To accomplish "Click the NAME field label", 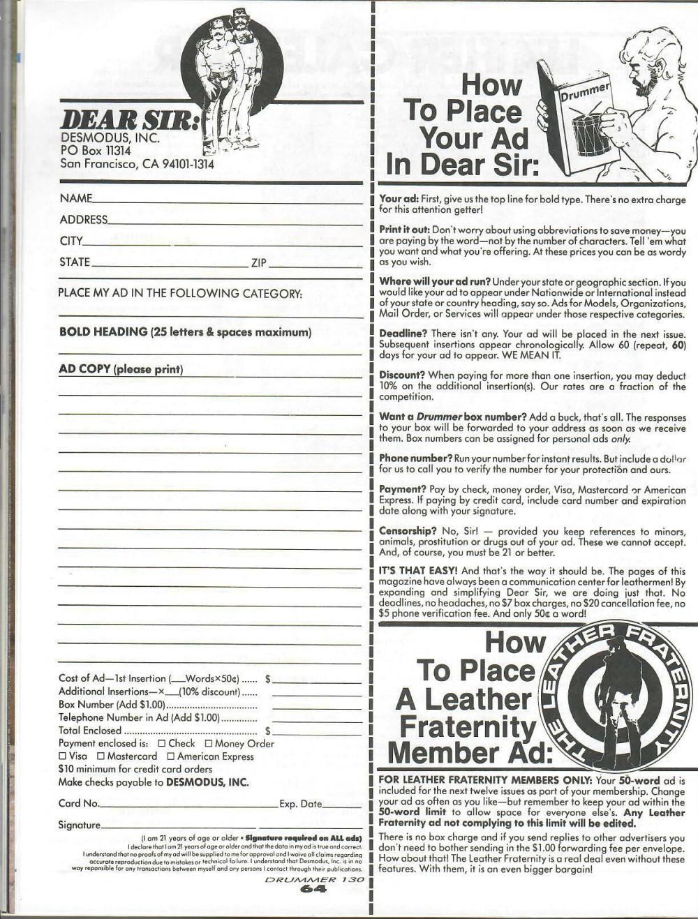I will (76, 198).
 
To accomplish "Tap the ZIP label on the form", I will (258, 262).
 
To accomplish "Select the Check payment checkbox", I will (162, 743).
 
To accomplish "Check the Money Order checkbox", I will (208, 743).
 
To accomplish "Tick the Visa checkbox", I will (63, 756).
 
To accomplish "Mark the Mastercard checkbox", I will (101, 756).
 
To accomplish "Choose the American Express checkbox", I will (171, 756).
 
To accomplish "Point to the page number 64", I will (314, 889).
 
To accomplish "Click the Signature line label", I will (79, 825).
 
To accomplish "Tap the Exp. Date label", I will (300, 804).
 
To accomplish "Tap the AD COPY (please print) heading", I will (121, 369).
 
